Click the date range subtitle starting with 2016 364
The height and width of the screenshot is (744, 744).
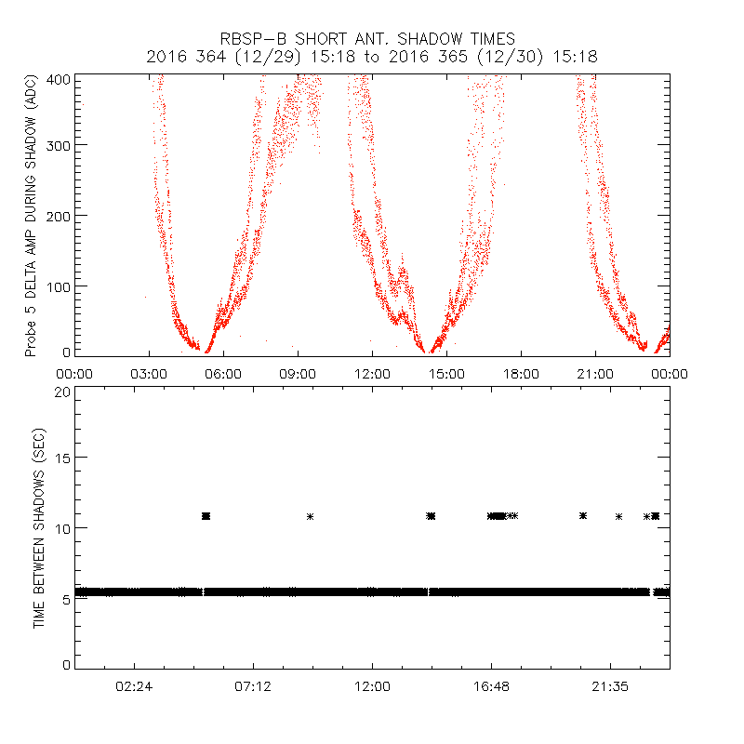click(372, 57)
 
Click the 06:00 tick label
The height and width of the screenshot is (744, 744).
click(223, 373)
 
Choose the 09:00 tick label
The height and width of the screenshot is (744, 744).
click(298, 373)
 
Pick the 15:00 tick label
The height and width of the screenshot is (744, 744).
click(446, 373)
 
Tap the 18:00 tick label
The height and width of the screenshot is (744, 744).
click(521, 373)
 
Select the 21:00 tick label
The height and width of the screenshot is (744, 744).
click(595, 373)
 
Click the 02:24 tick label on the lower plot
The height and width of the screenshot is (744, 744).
click(134, 686)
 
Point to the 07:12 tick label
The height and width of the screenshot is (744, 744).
click(253, 686)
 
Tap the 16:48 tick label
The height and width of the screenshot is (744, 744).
click(491, 686)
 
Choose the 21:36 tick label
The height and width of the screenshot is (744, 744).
click(610, 686)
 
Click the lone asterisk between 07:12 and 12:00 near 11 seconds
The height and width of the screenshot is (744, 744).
click(311, 516)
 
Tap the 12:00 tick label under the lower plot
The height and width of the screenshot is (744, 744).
click(372, 686)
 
